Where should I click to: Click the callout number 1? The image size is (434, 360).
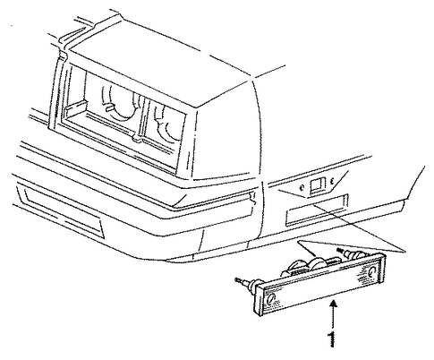[332, 339]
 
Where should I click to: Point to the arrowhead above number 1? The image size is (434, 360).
[334, 305]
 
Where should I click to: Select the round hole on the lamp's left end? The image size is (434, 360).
[271, 298]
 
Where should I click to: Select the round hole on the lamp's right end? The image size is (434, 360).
[372, 271]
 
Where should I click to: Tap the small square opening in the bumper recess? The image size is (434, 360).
[316, 185]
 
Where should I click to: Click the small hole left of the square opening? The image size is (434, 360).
[302, 188]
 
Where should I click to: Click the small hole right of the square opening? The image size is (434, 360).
[332, 181]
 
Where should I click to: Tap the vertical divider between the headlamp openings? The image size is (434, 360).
[142, 117]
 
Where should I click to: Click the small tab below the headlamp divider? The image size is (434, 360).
[137, 138]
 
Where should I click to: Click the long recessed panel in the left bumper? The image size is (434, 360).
[61, 209]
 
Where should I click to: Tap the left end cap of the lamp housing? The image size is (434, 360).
[259, 299]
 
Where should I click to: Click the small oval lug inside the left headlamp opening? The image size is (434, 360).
[110, 107]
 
